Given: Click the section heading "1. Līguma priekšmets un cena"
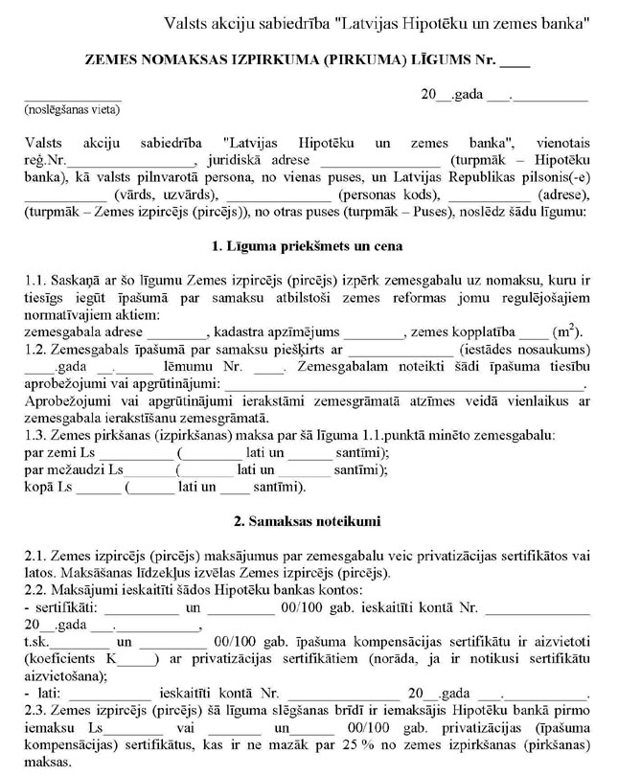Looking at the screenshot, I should [x=307, y=246].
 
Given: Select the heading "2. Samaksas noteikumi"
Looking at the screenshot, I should [x=307, y=522].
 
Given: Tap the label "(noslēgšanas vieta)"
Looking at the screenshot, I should [x=73, y=110].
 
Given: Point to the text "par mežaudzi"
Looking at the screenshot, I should [x=64, y=469].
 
